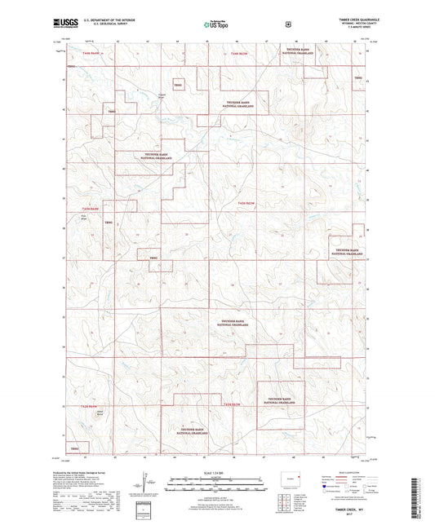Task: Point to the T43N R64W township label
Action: (74, 210)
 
